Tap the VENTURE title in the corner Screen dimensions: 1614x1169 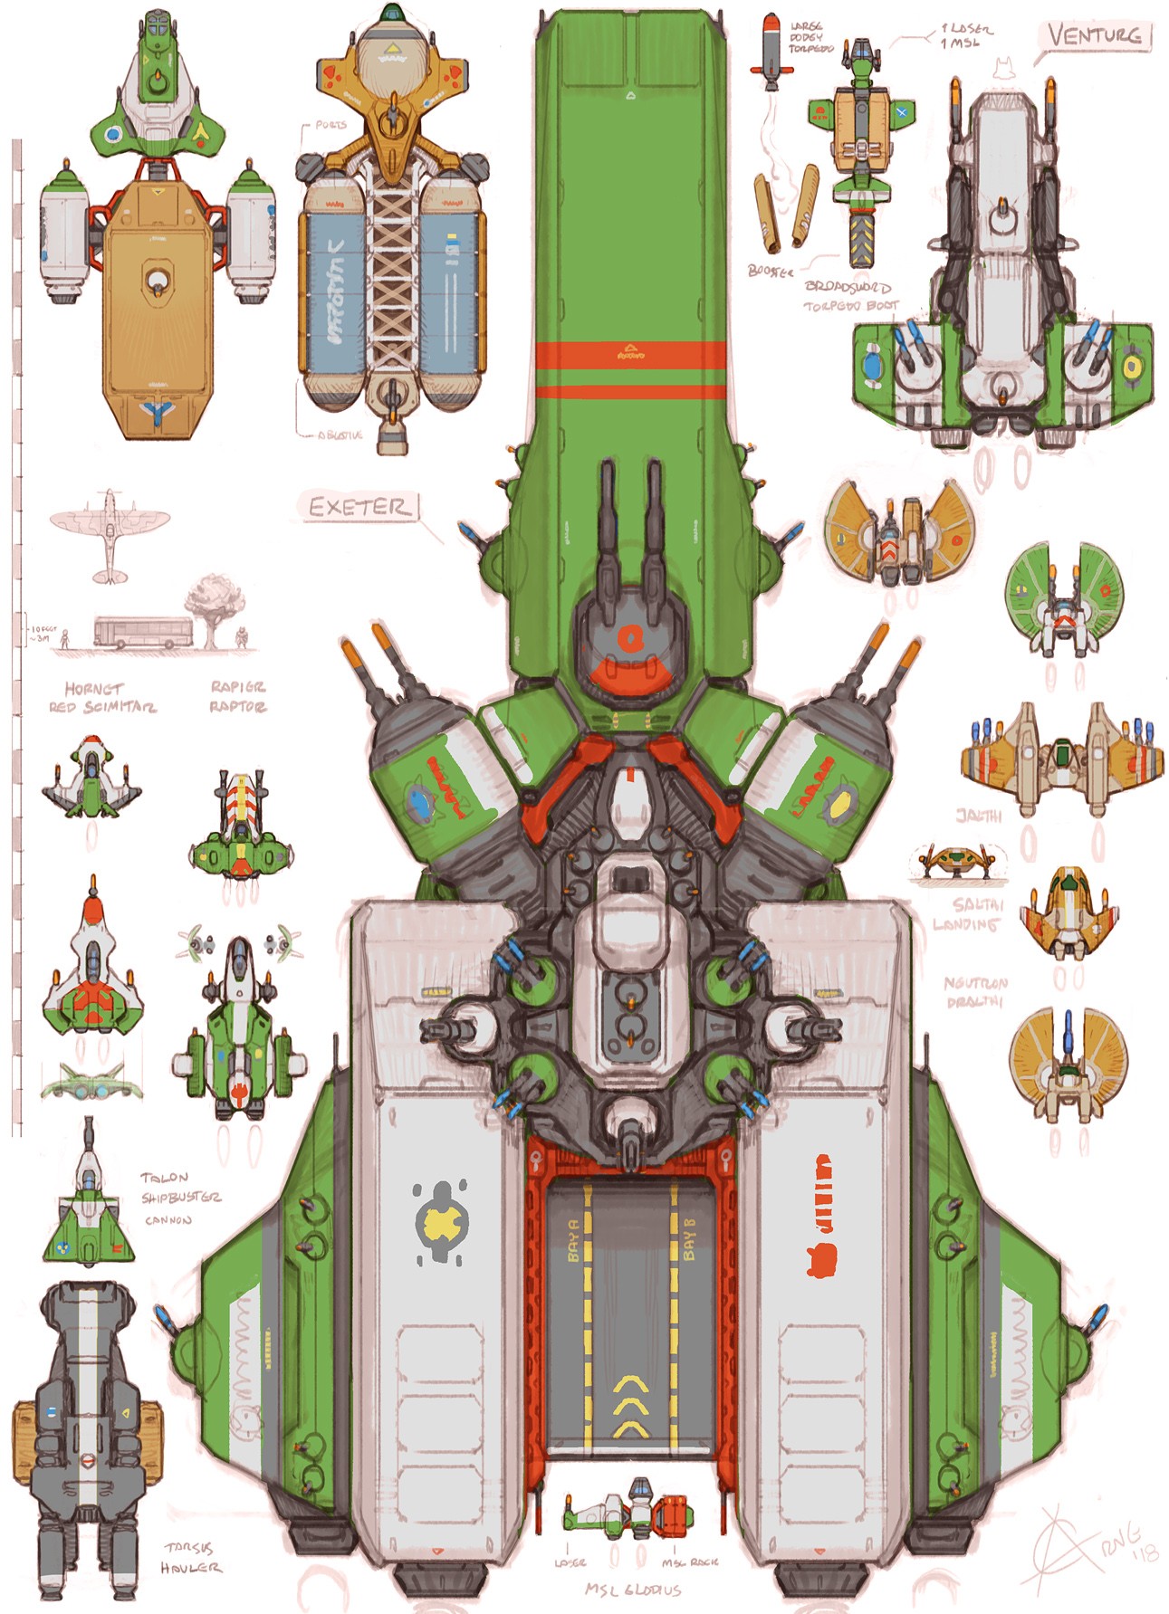1094,36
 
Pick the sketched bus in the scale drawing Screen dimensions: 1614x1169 142,631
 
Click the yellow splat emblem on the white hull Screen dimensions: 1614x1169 440,1222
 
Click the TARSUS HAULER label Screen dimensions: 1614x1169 191,1558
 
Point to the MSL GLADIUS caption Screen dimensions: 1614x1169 633,1590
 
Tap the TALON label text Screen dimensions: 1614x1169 164,1178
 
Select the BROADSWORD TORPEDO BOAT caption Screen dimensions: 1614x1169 849,296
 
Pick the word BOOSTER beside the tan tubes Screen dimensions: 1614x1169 770,271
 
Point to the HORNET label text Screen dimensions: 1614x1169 93,688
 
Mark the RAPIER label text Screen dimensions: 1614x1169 237,687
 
